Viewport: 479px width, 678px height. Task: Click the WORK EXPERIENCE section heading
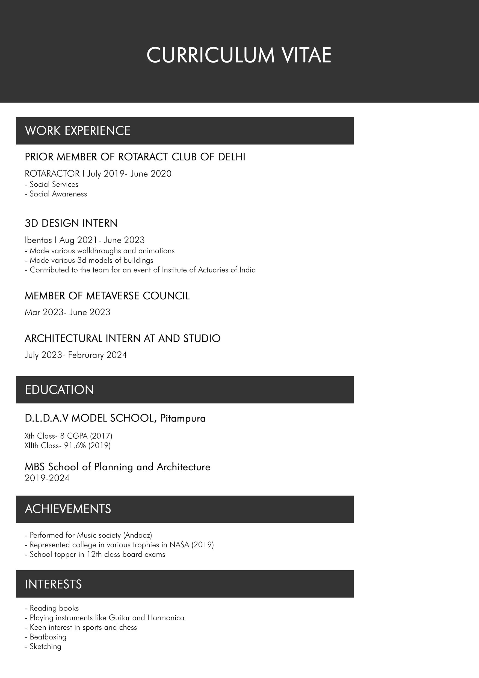[78, 131]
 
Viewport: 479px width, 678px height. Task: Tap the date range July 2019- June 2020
[129, 174]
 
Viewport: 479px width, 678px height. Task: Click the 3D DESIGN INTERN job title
[71, 223]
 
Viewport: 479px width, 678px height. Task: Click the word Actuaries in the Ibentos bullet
[213, 270]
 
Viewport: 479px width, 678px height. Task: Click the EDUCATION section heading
[59, 390]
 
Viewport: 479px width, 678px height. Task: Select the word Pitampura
[183, 418]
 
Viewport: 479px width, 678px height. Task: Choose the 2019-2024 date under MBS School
[47, 478]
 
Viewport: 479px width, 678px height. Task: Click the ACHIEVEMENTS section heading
[68, 509]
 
